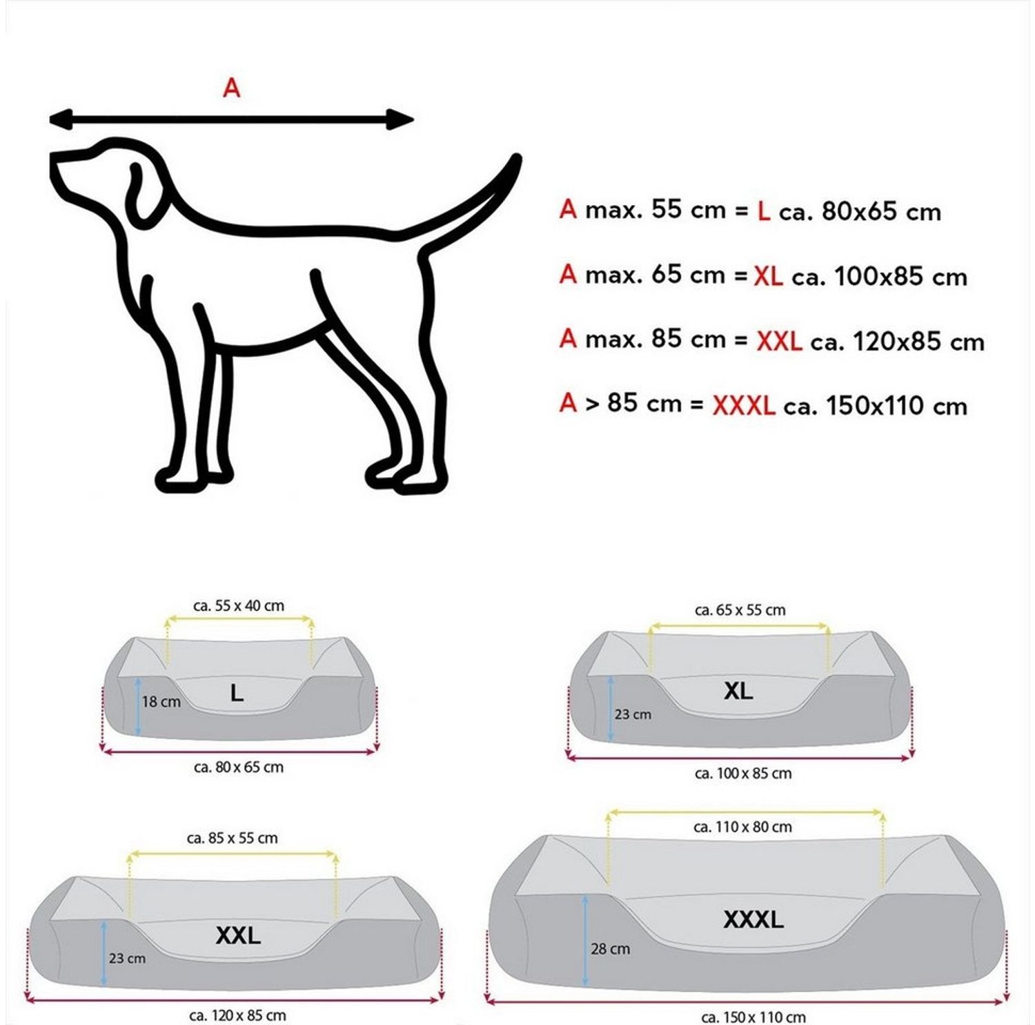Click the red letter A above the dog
click(232, 88)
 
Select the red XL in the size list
click(768, 277)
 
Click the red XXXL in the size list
click(744, 406)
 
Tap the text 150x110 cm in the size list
click(896, 406)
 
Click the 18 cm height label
click(161, 702)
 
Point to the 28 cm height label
click(611, 949)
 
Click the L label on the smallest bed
click(237, 692)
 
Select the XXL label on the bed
click(238, 935)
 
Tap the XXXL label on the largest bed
click(753, 919)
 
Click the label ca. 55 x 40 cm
click(239, 606)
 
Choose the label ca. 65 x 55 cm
click(740, 610)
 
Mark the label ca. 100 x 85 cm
click(743, 774)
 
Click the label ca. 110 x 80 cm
click(743, 827)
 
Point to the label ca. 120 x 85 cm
click(237, 1015)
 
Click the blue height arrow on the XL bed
click(611, 709)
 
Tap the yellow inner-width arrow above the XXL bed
click(233, 855)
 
